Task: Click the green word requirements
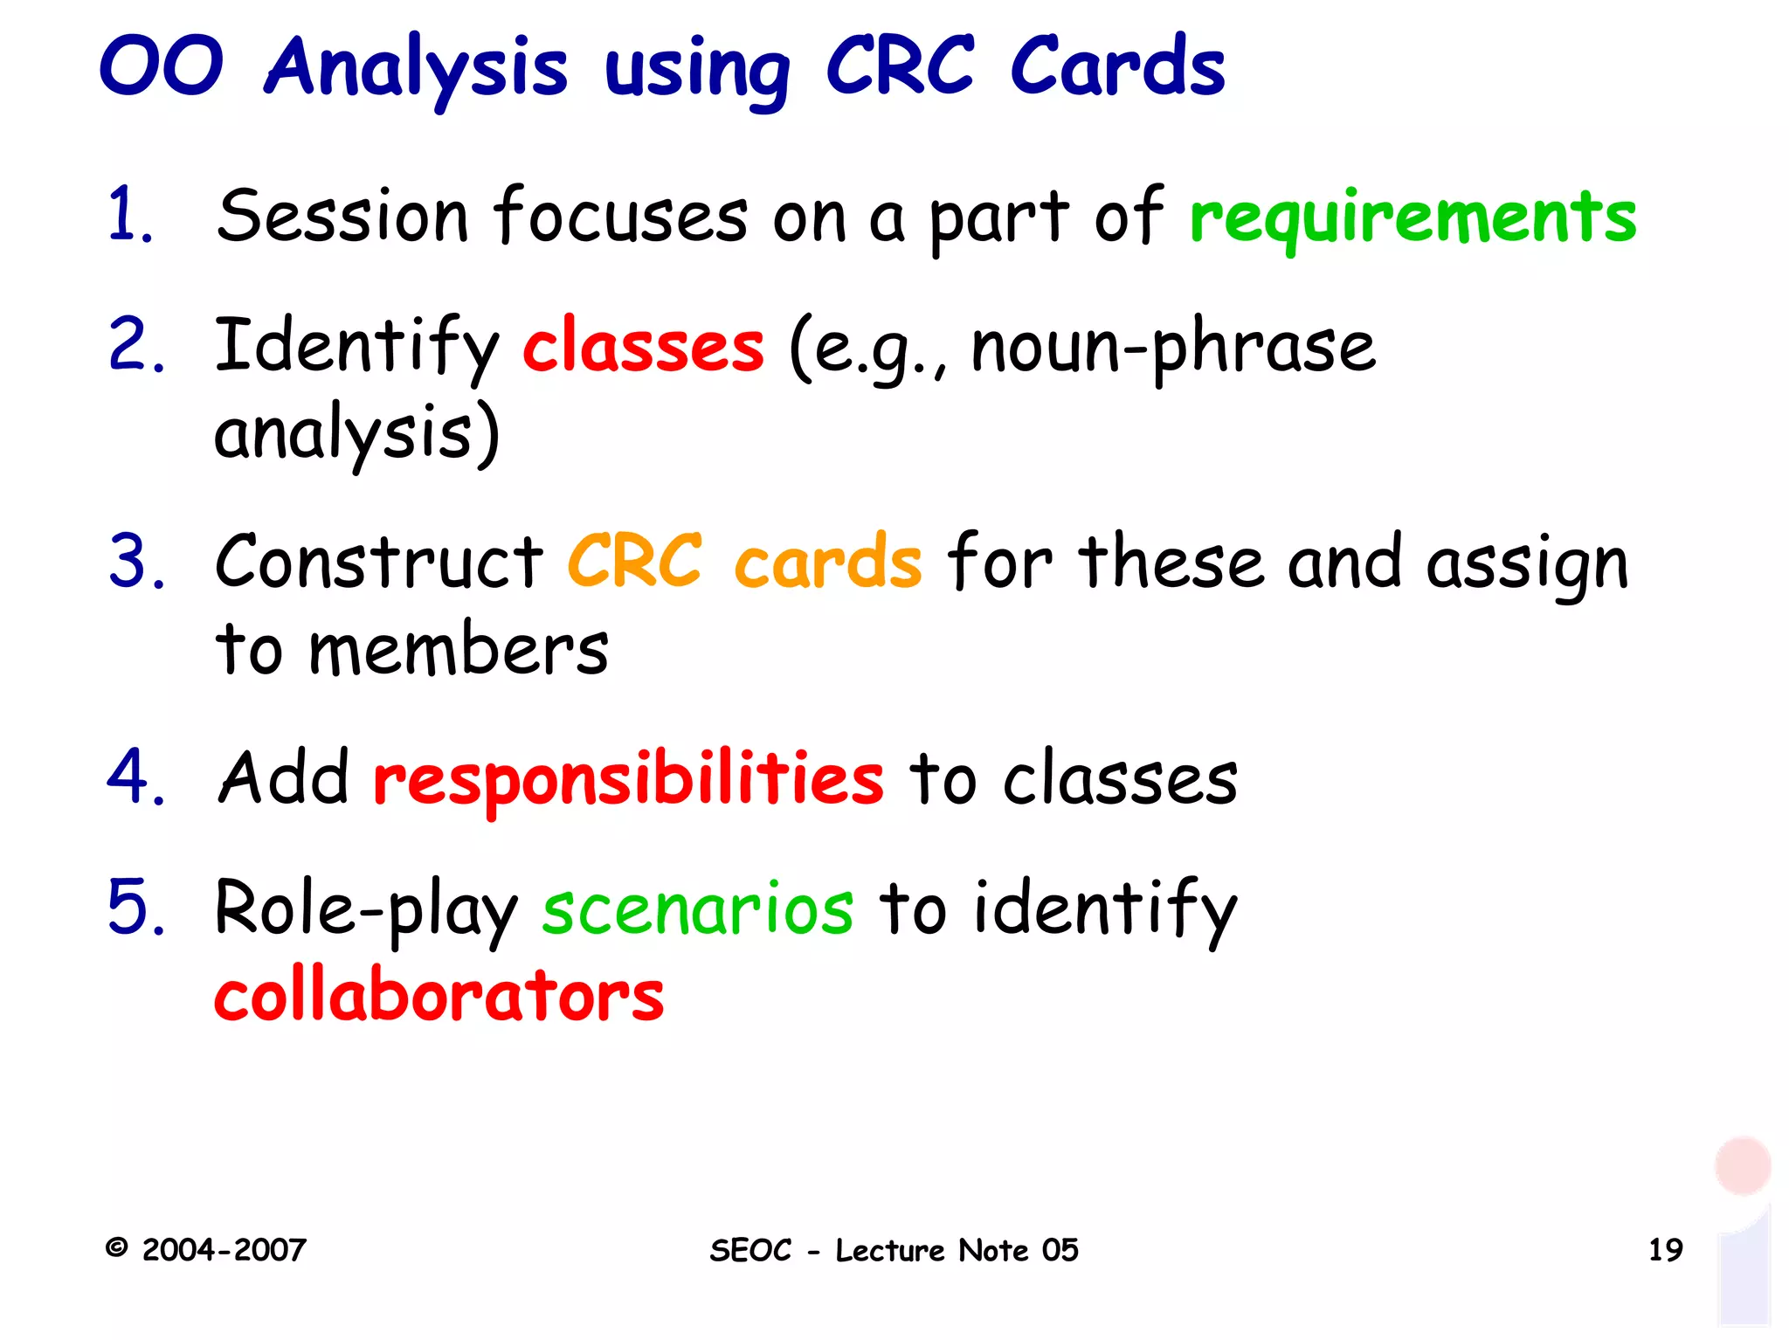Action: [1413, 218]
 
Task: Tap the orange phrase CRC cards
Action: [744, 563]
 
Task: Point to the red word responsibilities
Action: [628, 778]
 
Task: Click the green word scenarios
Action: [697, 909]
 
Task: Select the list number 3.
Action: [136, 562]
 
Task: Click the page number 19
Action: [1665, 1250]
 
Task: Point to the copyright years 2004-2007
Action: [224, 1250]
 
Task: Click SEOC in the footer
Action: [750, 1251]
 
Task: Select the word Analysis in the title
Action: [416, 68]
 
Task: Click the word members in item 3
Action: [459, 650]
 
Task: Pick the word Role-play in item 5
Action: [366, 909]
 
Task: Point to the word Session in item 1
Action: [342, 217]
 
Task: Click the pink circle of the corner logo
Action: [1742, 1164]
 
